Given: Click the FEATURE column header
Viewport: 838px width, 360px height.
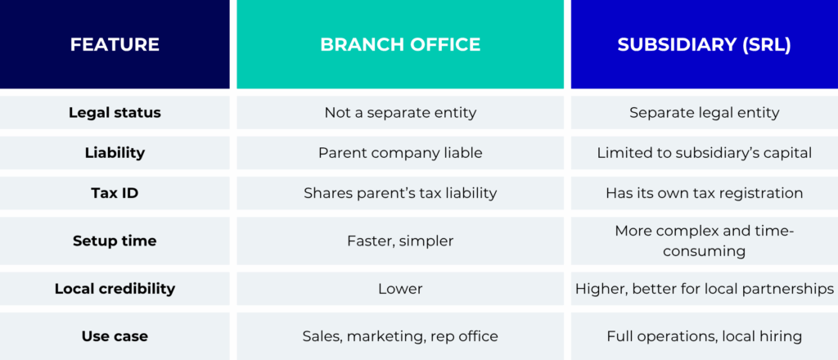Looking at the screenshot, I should click(115, 44).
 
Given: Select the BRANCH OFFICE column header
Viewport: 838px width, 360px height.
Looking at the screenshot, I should click(400, 44).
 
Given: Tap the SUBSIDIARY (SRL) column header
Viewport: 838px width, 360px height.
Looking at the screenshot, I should click(704, 44).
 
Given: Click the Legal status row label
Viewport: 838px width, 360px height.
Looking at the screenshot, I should click(115, 113).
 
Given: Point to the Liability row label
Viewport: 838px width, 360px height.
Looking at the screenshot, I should click(115, 153).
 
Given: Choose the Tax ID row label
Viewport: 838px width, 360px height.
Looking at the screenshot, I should click(115, 193).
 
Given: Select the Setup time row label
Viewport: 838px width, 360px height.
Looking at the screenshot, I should click(115, 241).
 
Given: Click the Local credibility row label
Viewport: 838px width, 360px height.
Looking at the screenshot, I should click(115, 289).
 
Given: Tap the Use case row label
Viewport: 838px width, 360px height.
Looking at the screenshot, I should click(115, 336).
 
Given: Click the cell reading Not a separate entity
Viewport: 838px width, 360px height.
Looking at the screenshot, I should click(400, 113).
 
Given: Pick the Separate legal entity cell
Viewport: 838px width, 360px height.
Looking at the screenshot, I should click(704, 113).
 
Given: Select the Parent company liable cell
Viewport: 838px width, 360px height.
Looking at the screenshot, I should click(400, 153).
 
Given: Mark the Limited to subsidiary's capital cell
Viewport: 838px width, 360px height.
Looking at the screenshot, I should click(704, 153).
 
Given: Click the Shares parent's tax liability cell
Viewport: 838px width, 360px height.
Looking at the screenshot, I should click(400, 193).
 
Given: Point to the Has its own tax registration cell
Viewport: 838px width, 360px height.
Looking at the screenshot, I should click(704, 193).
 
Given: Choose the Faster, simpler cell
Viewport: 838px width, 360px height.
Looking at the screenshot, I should click(400, 241).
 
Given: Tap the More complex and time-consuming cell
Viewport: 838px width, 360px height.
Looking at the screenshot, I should click(704, 241).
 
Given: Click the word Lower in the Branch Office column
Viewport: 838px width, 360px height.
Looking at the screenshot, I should click(400, 289).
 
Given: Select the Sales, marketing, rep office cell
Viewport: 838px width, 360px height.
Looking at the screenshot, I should click(400, 336).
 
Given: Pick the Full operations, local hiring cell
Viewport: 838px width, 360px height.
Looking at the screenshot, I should click(704, 336).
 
